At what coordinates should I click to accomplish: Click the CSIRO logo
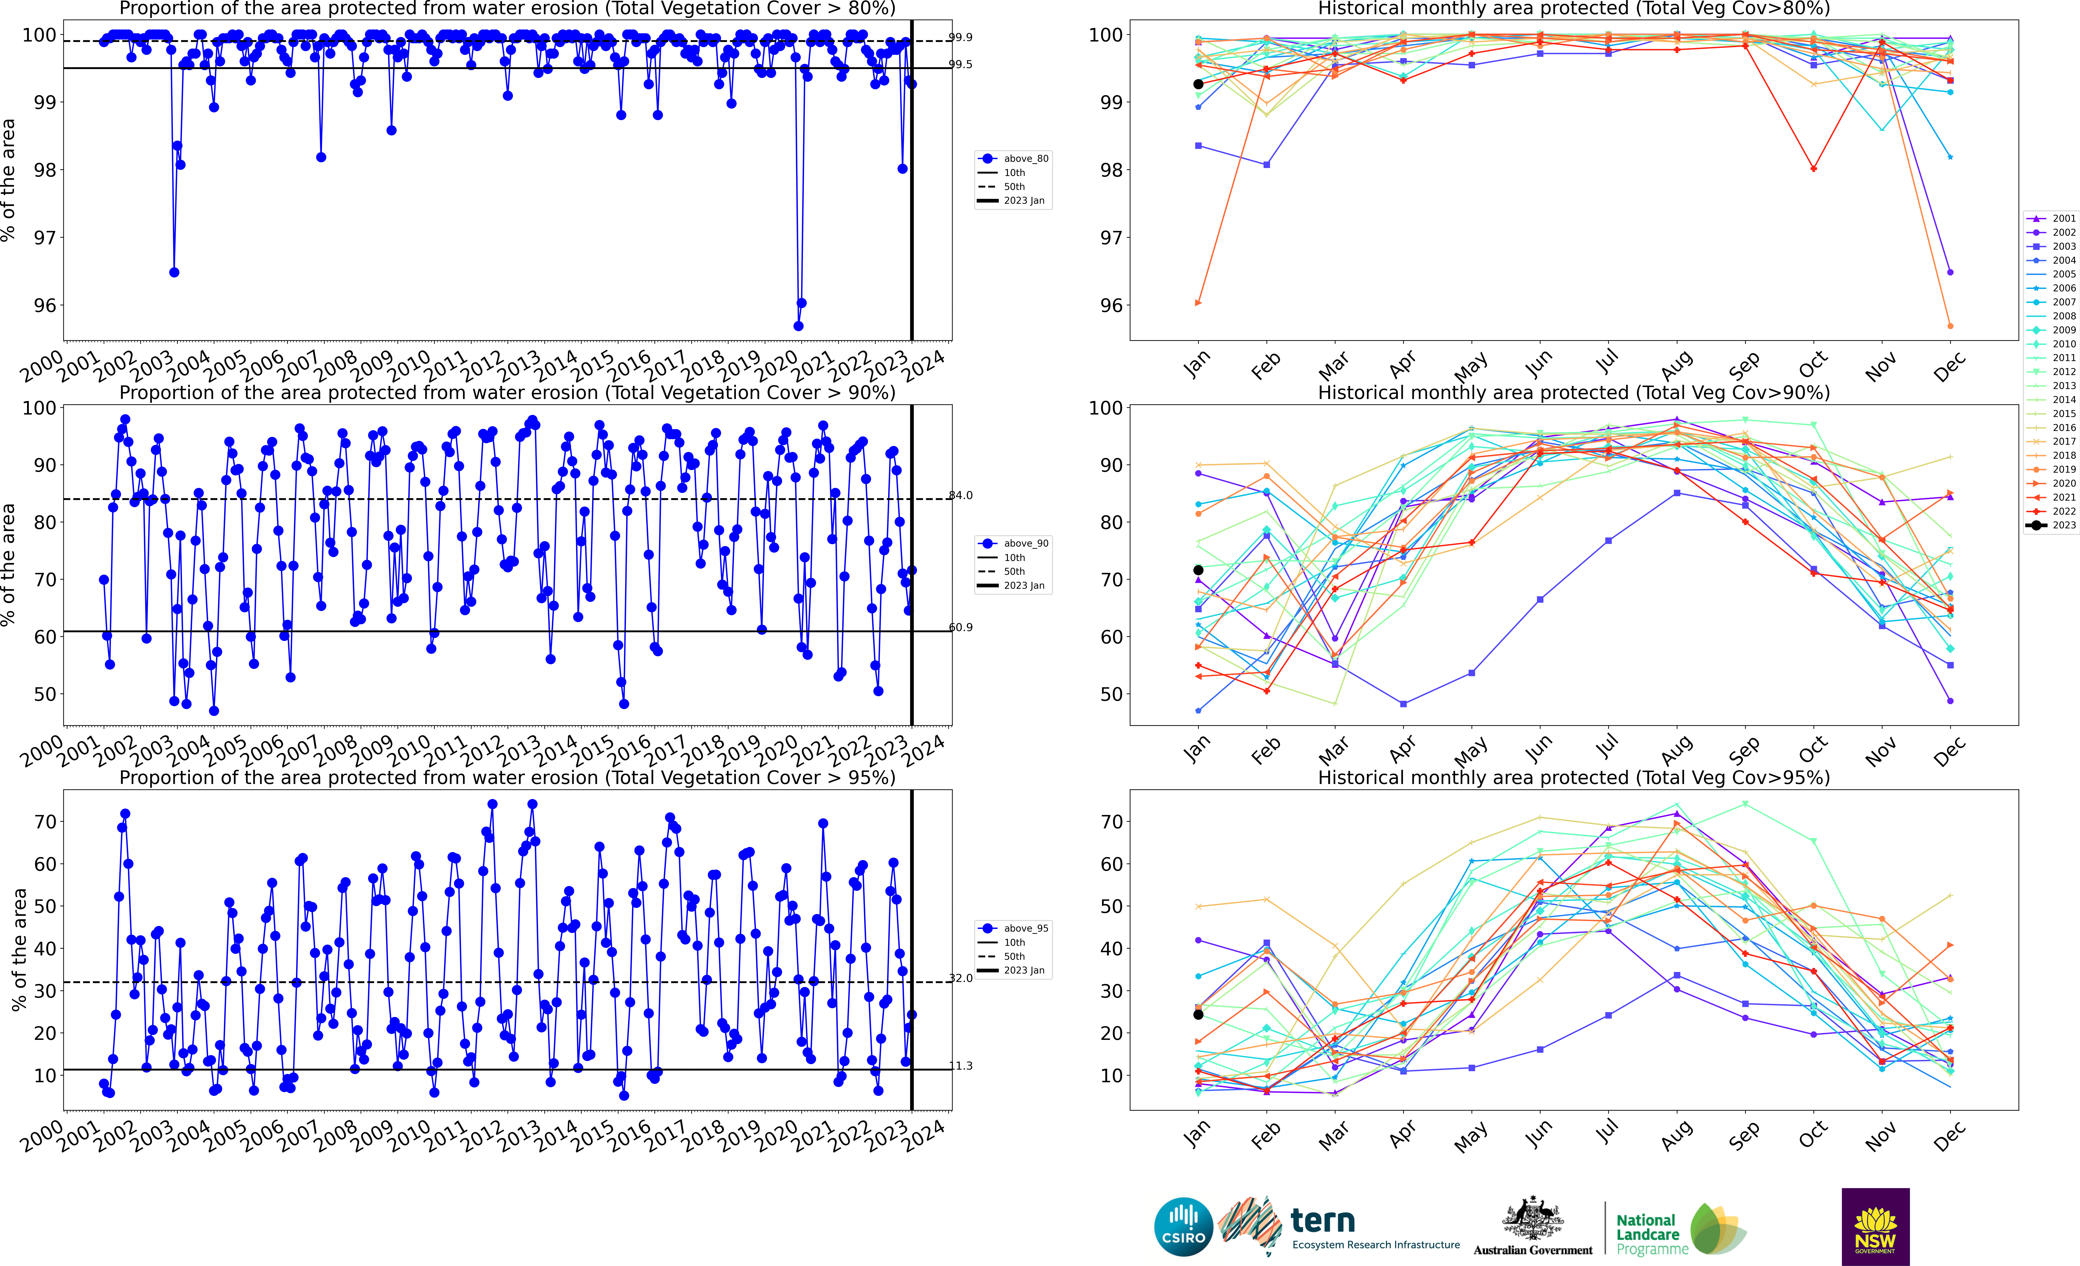(1183, 1226)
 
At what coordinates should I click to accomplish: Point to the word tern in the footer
(1323, 1221)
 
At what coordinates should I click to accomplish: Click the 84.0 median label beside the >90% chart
(961, 496)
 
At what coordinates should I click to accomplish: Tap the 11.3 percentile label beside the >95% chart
(961, 1066)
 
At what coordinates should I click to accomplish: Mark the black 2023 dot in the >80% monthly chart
(1198, 84)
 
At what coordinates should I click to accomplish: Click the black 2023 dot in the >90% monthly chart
(1198, 571)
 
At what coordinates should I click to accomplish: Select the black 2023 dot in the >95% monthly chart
(1198, 1015)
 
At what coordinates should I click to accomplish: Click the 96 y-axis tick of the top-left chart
(45, 306)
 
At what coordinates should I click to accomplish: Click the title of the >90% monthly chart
(1574, 393)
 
